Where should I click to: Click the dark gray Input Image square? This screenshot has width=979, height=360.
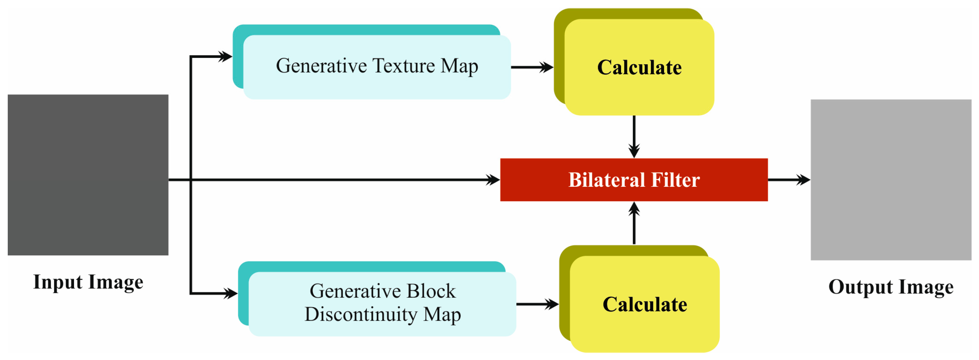(x=88, y=175)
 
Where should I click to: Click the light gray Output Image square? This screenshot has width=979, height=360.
(x=891, y=180)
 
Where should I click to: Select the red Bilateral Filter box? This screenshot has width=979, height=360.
(x=633, y=180)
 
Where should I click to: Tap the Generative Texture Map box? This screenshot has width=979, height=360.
(x=376, y=67)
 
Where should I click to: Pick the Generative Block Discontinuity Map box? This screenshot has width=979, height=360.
(x=382, y=303)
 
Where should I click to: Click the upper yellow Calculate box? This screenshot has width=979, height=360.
(x=639, y=67)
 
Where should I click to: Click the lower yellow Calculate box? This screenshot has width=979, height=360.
(x=645, y=304)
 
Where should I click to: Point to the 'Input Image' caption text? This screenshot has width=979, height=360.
(x=88, y=282)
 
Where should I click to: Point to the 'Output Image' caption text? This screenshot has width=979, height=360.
(x=891, y=287)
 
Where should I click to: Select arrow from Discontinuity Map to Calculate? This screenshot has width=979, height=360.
(x=537, y=304)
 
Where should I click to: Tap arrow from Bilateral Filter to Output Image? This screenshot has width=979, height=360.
(x=789, y=180)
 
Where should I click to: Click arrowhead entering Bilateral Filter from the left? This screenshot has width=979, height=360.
(x=493, y=180)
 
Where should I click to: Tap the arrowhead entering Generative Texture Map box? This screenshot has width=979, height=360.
(x=225, y=57)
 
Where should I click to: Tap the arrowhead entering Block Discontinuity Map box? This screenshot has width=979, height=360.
(x=231, y=293)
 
